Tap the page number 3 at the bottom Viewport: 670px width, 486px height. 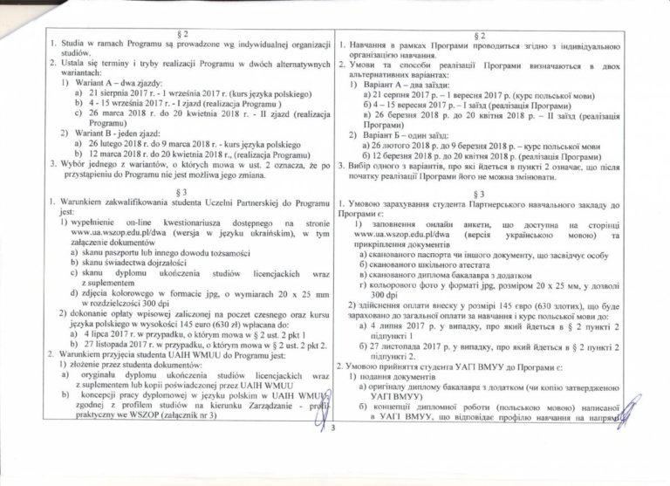pyautogui.click(x=333, y=428)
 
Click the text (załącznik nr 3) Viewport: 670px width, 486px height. pyautogui.click(x=185, y=415)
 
